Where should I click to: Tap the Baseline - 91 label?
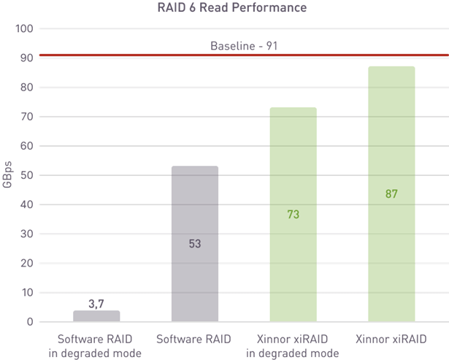(245, 46)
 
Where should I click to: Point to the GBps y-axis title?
(7, 175)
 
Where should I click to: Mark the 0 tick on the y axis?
(30, 321)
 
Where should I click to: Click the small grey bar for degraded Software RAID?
(96, 316)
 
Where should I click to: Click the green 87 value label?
(391, 194)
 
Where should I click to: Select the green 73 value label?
(293, 215)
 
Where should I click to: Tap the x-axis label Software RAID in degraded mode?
(96, 346)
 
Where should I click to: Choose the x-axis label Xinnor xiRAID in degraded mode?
(293, 346)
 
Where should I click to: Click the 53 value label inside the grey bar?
(194, 244)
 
